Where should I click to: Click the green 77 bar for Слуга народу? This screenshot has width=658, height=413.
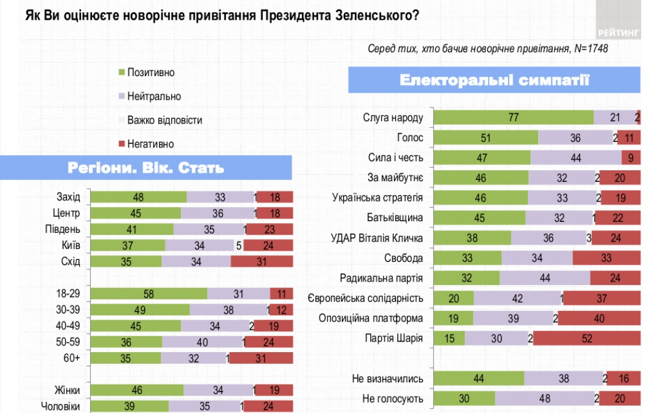(514, 118)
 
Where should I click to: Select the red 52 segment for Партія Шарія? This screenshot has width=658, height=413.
(586, 338)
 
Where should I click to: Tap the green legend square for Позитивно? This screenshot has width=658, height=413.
(122, 73)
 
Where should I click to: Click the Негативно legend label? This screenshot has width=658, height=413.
(150, 144)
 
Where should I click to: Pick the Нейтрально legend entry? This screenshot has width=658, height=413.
(153, 96)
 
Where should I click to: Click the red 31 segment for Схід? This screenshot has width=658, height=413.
(261, 261)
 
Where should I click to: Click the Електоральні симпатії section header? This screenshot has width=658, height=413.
(494, 81)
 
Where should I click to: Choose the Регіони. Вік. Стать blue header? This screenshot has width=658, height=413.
(145, 168)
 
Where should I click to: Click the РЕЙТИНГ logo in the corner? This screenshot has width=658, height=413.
(618, 32)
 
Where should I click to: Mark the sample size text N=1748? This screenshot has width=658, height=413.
(591, 49)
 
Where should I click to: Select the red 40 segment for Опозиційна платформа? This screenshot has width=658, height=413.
(598, 318)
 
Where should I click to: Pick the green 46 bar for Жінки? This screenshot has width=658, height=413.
(137, 390)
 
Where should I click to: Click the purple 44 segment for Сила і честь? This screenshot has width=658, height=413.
(576, 158)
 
